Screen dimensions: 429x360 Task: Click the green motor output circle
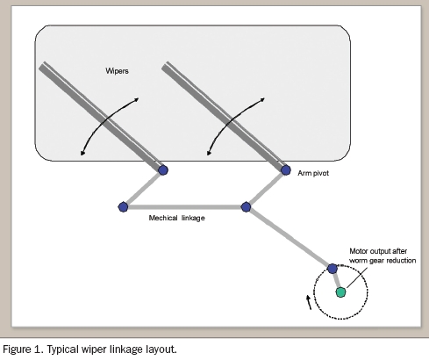point(340,292)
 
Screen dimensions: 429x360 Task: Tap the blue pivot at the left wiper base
point(163,170)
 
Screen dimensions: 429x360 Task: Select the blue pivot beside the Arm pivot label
point(286,170)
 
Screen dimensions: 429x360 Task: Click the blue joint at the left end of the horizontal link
point(123,207)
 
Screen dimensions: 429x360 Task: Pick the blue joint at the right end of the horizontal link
point(247,207)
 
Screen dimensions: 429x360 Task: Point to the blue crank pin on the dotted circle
point(332,269)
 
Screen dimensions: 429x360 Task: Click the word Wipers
point(117,71)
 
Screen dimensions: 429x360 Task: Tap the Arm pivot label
point(313,173)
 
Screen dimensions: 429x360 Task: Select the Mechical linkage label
point(176,218)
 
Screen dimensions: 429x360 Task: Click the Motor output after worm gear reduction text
point(383,256)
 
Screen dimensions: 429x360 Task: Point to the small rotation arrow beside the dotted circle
point(309,302)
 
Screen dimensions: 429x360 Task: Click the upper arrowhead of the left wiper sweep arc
point(136,99)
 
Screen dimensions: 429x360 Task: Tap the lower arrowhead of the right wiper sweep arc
point(209,153)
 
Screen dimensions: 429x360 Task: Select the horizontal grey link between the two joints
point(184,207)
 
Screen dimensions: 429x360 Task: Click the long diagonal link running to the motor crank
point(290,238)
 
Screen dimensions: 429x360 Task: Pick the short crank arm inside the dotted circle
point(337,280)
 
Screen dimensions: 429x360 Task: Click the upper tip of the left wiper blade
point(42,66)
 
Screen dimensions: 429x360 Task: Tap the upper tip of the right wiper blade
point(165,66)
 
